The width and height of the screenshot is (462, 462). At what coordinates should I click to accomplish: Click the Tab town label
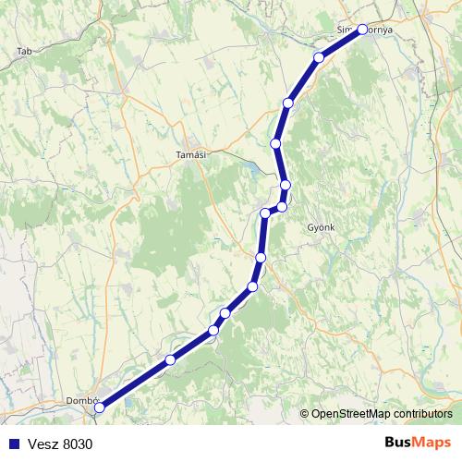tap(24, 52)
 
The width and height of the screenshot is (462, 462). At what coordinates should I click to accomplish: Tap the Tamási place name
tap(189, 155)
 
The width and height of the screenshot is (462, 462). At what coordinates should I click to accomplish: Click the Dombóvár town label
tap(81, 400)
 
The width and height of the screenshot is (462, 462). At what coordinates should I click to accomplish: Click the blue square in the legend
tap(13, 444)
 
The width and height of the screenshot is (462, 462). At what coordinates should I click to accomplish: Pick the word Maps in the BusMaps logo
tap(432, 443)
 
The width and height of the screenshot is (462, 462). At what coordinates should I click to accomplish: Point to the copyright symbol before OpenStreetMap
tap(304, 414)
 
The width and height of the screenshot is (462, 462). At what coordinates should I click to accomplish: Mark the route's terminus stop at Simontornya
tap(362, 29)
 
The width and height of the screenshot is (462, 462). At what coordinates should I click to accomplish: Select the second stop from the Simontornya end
tap(320, 57)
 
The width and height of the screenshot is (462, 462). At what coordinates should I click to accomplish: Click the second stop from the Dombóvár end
tap(170, 359)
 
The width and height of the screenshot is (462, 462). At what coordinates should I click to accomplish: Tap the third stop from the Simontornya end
tap(288, 103)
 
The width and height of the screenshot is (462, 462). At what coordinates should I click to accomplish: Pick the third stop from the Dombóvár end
tap(213, 330)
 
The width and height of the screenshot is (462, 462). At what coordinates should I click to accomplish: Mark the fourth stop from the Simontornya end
tap(275, 143)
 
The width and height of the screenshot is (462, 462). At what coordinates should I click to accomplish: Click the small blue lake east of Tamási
tap(249, 169)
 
